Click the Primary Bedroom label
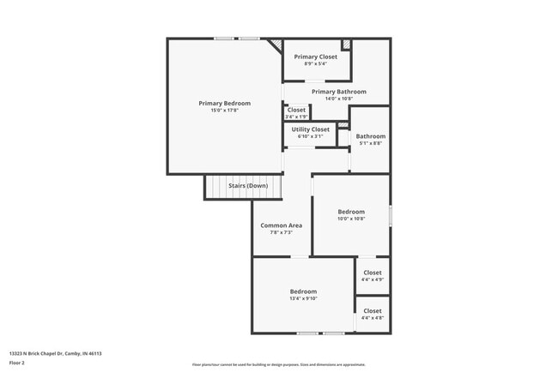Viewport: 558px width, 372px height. (x=224, y=103)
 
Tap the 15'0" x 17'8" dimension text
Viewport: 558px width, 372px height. (x=224, y=111)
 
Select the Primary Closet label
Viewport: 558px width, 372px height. (x=316, y=57)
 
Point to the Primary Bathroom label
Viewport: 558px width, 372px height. (x=338, y=92)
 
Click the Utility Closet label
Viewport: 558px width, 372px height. (x=310, y=129)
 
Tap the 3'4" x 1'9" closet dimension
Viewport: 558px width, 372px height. (x=296, y=117)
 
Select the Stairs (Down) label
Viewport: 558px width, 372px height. (x=247, y=186)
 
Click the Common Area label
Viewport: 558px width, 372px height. (x=281, y=225)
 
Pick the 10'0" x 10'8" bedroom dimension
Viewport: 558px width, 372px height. (x=350, y=219)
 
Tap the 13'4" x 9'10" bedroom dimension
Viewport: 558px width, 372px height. (x=303, y=299)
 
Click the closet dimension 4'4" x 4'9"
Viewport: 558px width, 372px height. (x=373, y=279)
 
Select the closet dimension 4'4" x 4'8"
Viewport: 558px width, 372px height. (x=373, y=318)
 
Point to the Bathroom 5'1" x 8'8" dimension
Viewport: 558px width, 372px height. (x=371, y=143)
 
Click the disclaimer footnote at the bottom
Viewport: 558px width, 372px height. (x=279, y=364)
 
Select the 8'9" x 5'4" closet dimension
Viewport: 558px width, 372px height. (x=316, y=63)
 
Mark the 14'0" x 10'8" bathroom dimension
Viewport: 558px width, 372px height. (x=338, y=99)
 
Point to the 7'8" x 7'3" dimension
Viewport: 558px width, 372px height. (x=281, y=232)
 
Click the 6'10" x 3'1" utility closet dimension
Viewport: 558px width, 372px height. (x=310, y=136)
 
